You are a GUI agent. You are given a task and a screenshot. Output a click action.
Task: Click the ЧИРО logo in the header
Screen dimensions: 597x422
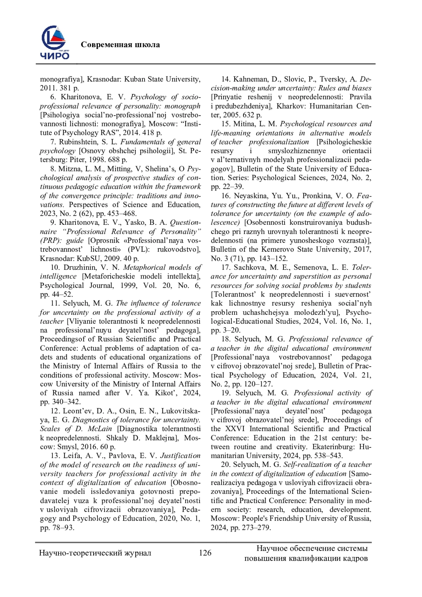(55, 43)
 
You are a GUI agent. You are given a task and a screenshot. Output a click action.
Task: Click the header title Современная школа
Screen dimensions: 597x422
(120, 45)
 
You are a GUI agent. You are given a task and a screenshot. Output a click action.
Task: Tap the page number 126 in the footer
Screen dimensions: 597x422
(205, 553)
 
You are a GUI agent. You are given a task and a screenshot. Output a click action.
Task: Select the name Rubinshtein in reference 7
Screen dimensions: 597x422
(79, 142)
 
